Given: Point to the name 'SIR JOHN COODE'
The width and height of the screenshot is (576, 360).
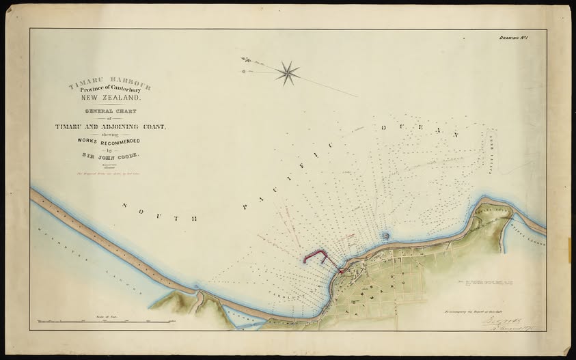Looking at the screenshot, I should click(110, 156).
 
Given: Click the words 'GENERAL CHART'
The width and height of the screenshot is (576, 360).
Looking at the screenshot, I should click(110, 111).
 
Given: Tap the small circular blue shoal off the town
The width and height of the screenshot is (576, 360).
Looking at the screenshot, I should click(386, 236).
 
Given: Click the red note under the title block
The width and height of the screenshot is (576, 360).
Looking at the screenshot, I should click(109, 174).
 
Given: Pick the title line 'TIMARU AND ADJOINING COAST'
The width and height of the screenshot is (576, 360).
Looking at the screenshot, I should click(110, 126).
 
